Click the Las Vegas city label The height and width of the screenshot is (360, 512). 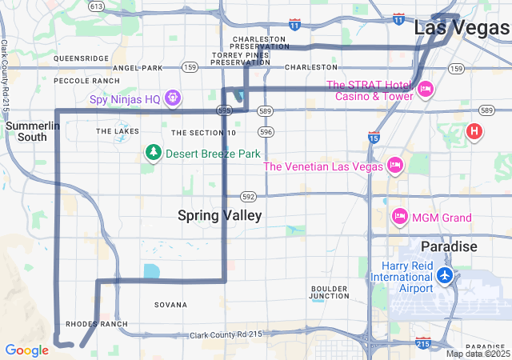pyautogui.click(x=462, y=27)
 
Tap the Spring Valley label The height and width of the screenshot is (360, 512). pyautogui.click(x=219, y=215)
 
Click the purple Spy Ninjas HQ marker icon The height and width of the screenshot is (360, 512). pyautogui.click(x=172, y=98)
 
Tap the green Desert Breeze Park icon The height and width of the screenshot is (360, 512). pyautogui.click(x=152, y=152)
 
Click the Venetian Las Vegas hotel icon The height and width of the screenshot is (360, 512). pyautogui.click(x=394, y=166)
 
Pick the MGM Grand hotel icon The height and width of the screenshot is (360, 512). pyautogui.click(x=399, y=217)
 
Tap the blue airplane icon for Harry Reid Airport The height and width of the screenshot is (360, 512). pyautogui.click(x=446, y=276)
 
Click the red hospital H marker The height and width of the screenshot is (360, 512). pyautogui.click(x=474, y=130)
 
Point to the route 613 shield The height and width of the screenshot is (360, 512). pyautogui.click(x=96, y=6)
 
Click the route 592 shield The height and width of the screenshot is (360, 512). pyautogui.click(x=249, y=195)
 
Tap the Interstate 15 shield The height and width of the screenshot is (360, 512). pyautogui.click(x=374, y=138)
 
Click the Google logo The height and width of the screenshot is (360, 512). pyautogui.click(x=26, y=350)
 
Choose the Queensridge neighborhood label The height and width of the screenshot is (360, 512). pyautogui.click(x=81, y=58)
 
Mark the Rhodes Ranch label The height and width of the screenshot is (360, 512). pyautogui.click(x=96, y=324)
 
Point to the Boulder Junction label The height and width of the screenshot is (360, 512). pyautogui.click(x=330, y=292)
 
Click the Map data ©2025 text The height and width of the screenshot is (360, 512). pyautogui.click(x=477, y=354)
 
